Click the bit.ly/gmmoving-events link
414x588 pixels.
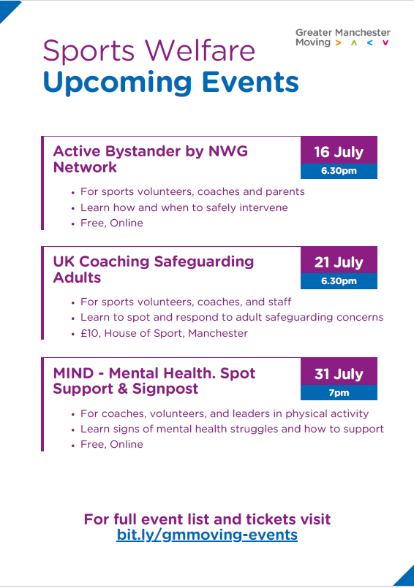(207, 535)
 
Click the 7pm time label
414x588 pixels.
(339, 393)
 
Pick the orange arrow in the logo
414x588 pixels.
(339, 43)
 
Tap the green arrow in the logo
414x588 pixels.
(354, 43)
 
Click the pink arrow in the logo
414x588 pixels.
(385, 43)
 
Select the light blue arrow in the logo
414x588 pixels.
(369, 43)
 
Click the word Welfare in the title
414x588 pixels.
(200, 50)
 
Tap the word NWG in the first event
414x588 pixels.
(228, 151)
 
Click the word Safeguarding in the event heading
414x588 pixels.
(204, 262)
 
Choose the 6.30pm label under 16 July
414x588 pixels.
(339, 171)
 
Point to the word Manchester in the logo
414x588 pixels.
(363, 33)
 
